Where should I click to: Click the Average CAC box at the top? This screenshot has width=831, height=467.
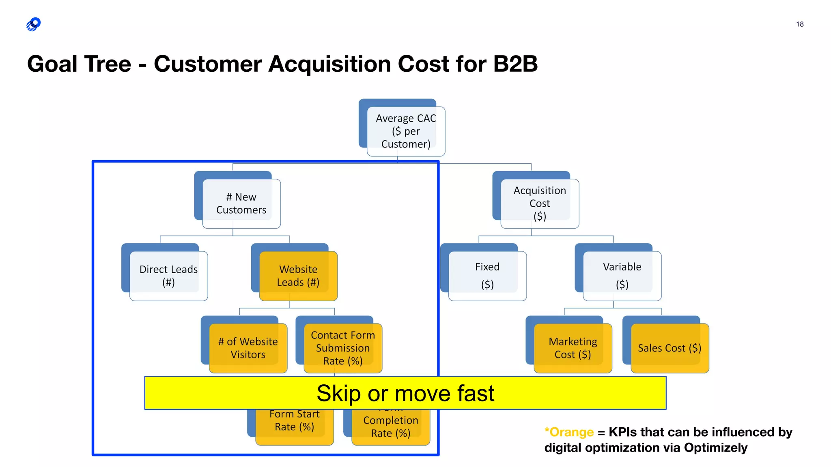[406, 131]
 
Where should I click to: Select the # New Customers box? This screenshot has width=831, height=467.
[241, 204]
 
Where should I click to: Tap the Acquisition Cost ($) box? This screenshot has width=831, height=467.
[540, 204]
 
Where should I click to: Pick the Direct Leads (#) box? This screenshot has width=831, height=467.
[168, 276]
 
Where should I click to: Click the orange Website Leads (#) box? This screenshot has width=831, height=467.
[298, 276]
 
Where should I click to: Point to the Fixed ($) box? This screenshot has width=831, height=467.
[487, 276]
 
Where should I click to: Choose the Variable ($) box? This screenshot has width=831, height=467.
[622, 276]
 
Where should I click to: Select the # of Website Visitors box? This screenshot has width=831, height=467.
[248, 348]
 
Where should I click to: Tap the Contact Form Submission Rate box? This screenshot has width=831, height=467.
[343, 348]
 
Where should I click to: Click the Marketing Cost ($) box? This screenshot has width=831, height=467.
[573, 348]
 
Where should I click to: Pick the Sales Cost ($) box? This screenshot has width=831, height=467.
[670, 348]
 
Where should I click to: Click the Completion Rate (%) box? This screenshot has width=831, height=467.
[390, 426]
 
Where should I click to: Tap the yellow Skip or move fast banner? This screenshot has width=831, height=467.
[405, 393]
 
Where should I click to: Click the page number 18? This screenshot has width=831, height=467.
[800, 24]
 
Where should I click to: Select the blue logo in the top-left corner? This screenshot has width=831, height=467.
[34, 24]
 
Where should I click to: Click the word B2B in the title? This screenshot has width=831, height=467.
[515, 64]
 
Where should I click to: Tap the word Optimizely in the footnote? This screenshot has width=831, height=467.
[715, 448]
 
